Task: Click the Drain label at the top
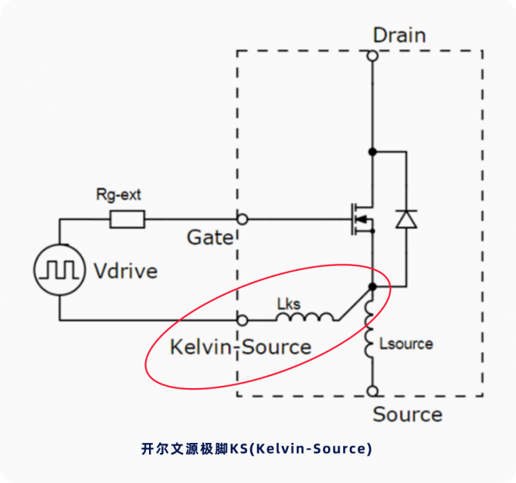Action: [399, 35]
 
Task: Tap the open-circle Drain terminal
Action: [372, 56]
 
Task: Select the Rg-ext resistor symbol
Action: [127, 220]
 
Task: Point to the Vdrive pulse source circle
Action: [59, 269]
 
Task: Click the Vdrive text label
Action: [125, 271]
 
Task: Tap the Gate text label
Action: [209, 238]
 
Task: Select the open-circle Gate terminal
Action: [243, 219]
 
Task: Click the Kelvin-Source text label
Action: [240, 347]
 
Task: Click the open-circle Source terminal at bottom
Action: [372, 391]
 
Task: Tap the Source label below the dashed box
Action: [407, 414]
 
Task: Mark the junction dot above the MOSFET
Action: [372, 152]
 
